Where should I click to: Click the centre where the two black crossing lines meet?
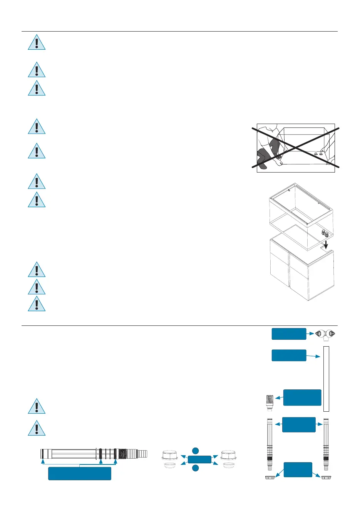[x=296, y=148]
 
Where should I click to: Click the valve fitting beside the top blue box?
[x=325, y=335]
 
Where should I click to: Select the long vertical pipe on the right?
[x=326, y=379]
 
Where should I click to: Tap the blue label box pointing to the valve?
[x=289, y=334]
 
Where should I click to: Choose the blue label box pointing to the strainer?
[x=302, y=397]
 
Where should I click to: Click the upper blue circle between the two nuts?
[x=196, y=451]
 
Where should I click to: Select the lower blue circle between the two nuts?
[x=196, y=468]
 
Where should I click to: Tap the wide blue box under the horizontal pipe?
[x=80, y=473]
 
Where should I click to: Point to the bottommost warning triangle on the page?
[x=37, y=428]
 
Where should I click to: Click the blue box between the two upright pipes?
[x=299, y=424]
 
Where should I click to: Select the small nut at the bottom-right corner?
[x=327, y=478]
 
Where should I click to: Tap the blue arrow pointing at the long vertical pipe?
[x=313, y=356]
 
